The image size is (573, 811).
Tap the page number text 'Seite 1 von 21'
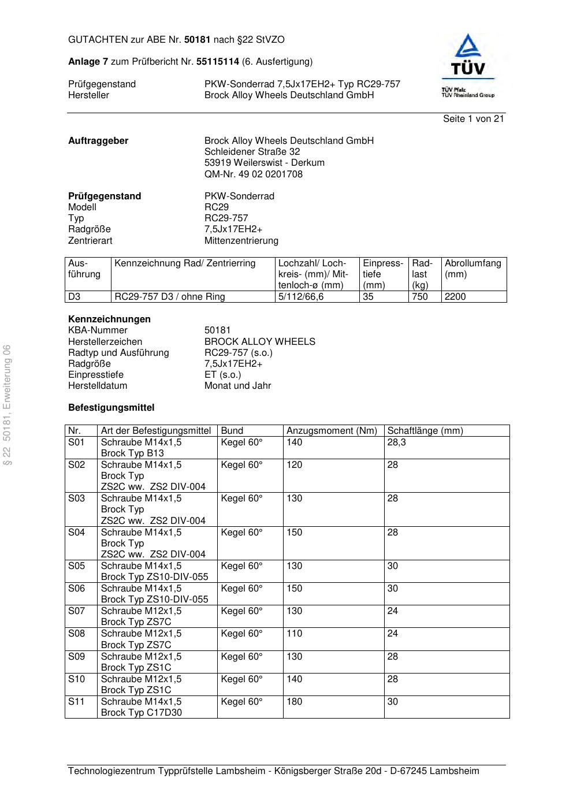pos(473,119)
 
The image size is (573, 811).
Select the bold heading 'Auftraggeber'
pos(98,141)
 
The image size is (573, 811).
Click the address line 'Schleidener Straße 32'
pos(252,152)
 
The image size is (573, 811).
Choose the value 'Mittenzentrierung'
pos(241,240)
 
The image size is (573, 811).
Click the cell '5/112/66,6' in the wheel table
pos(301,297)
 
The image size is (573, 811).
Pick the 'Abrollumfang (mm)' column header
pos(472,269)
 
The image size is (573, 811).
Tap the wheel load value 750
pos(420,297)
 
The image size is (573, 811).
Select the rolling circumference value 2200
pos(455,297)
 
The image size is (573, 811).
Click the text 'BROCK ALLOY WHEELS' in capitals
pos(260,341)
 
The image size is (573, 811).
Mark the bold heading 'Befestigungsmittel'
pos(111,408)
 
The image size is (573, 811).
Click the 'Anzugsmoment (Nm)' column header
pos(332,431)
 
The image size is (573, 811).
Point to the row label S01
pos(76,442)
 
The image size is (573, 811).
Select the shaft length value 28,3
pos(396,442)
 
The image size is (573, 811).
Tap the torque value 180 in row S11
pos(295,702)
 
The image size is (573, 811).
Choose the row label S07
pos(76,611)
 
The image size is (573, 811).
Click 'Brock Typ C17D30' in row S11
pos(141,713)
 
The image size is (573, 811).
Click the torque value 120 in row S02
pos(295,465)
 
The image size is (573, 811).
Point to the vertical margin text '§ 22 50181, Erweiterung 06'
pos(8,404)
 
